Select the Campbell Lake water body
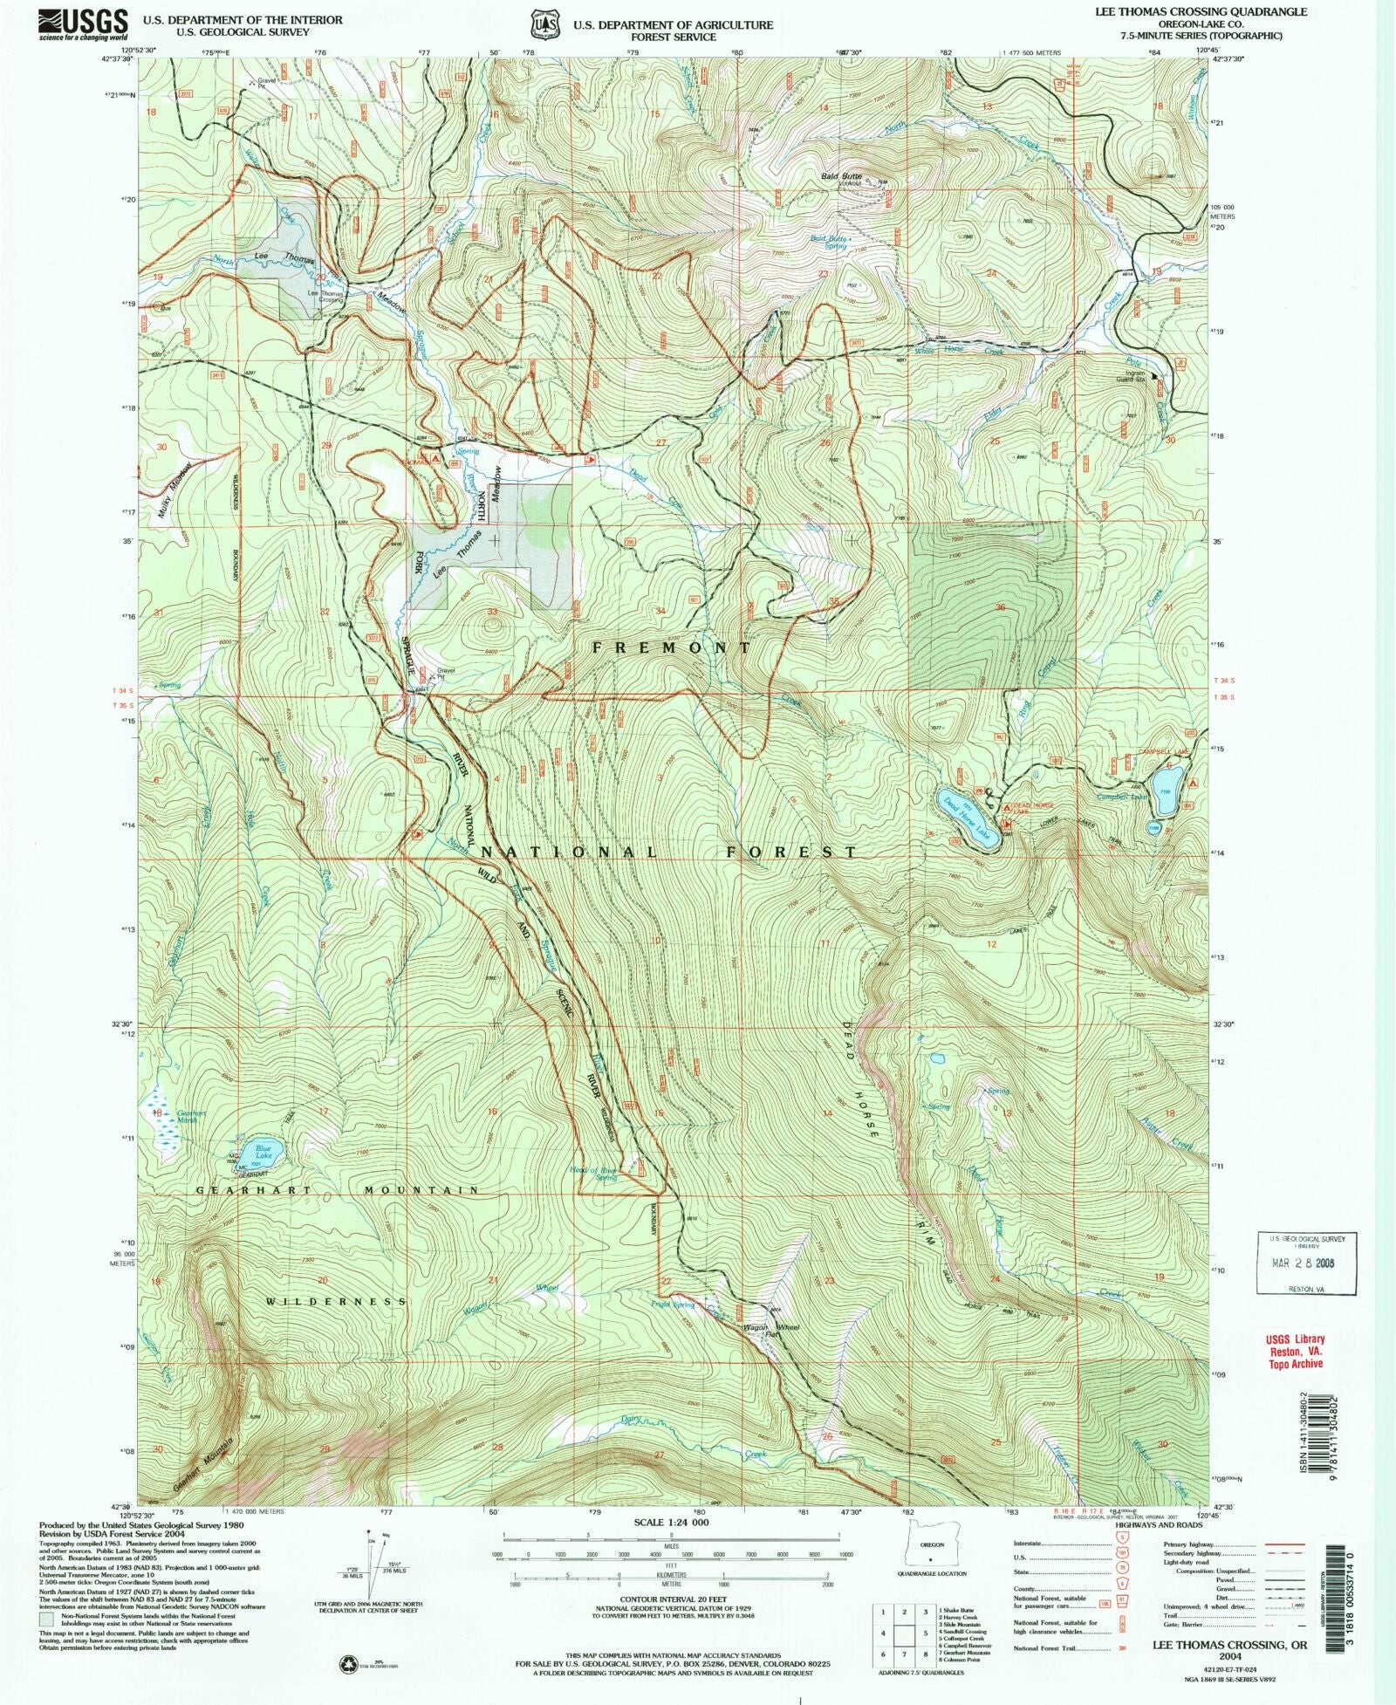click(x=1168, y=780)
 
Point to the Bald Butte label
click(x=840, y=176)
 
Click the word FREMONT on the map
click(x=670, y=647)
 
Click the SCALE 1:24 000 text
click(x=670, y=1522)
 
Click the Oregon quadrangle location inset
click(x=931, y=1554)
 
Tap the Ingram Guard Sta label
click(x=1134, y=376)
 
